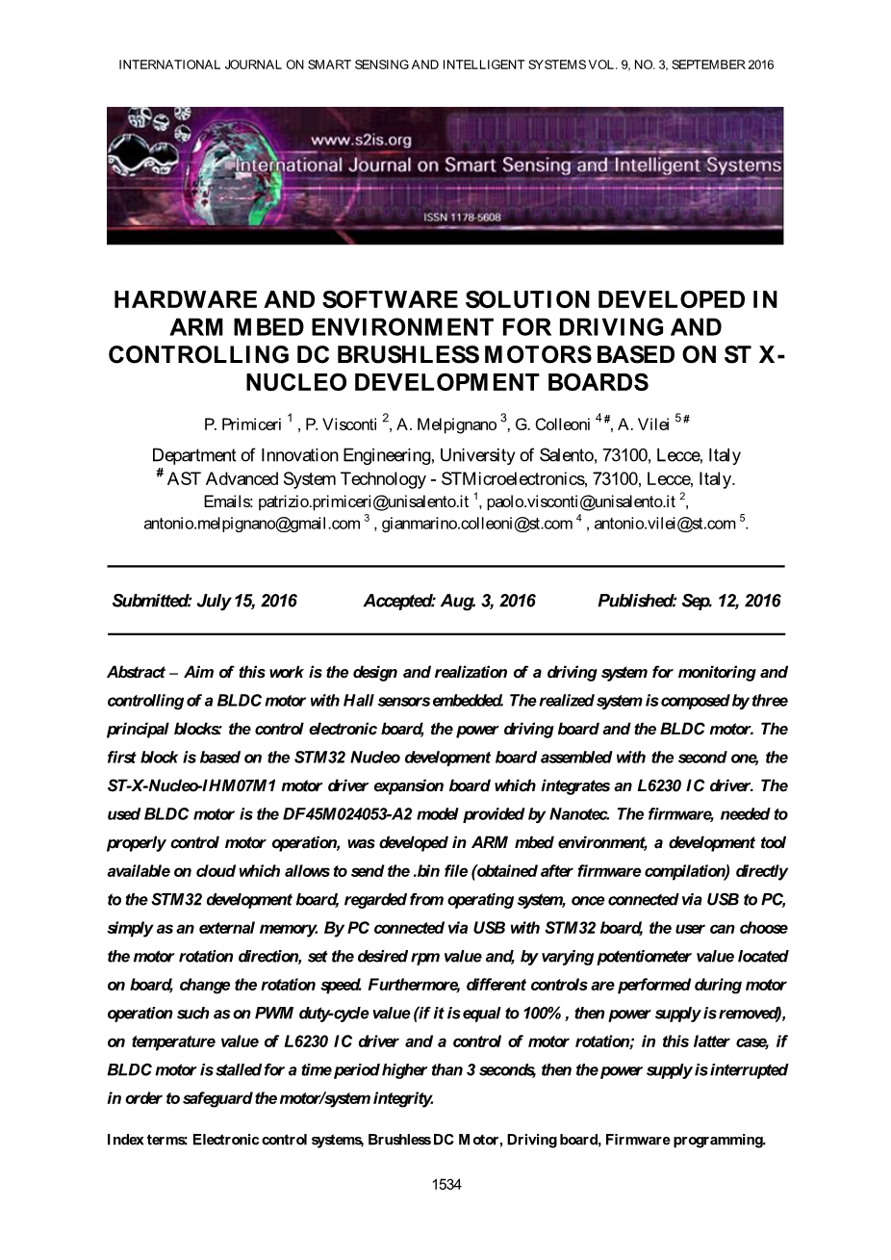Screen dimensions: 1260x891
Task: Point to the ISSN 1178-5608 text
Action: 462,218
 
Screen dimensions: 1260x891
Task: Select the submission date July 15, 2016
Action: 246,601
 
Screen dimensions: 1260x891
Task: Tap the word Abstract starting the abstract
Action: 136,672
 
